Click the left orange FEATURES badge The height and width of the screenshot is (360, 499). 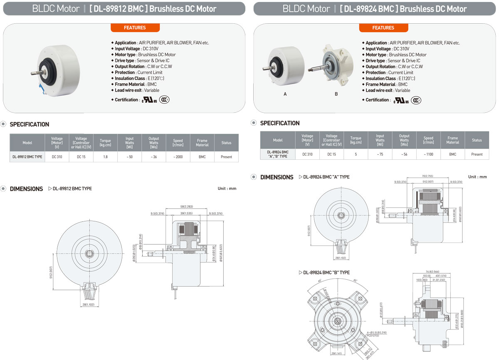[135, 27]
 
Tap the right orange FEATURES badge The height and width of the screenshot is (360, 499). [383, 27]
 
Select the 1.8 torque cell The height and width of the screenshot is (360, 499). [105, 156]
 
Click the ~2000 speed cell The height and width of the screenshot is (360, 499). [178, 156]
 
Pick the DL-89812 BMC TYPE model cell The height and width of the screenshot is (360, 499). [27, 156]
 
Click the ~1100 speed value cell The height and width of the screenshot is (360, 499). [428, 154]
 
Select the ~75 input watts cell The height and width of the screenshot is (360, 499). [380, 154]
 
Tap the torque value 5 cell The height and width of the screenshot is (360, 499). [356, 154]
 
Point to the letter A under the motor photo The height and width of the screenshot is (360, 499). [285, 94]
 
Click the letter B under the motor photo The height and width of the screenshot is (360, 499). [336, 94]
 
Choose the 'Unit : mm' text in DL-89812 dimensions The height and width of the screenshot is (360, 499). [227, 189]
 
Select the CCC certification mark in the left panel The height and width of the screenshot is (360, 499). [165, 100]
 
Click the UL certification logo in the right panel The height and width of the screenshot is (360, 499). [401, 100]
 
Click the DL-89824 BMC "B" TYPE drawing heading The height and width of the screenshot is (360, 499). [326, 273]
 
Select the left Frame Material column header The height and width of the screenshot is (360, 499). [202, 143]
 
